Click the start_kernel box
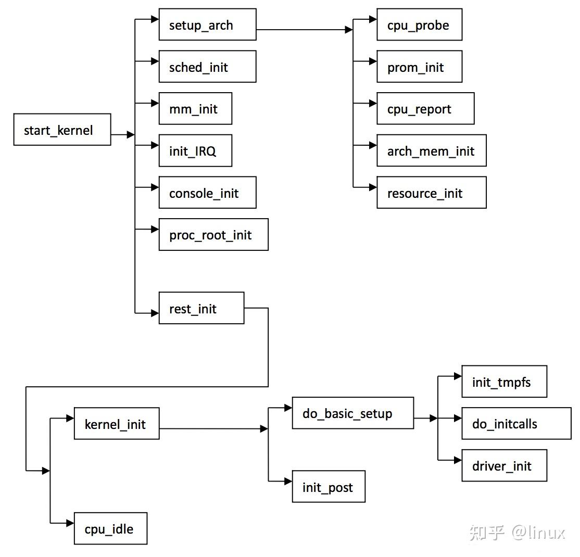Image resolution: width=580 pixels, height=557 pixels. (x=62, y=130)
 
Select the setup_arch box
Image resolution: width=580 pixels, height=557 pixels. (x=207, y=24)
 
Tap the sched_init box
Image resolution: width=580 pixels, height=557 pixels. (x=207, y=67)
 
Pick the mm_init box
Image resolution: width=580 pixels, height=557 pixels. (x=195, y=109)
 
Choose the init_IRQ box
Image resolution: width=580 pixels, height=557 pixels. (x=195, y=151)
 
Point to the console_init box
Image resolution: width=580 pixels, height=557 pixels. (x=207, y=193)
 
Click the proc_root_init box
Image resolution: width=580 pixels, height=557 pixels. (x=213, y=235)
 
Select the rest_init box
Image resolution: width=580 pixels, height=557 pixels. (x=201, y=308)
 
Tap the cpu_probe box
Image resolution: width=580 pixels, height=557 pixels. (x=419, y=24)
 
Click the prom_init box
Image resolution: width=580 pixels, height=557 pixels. (x=419, y=67)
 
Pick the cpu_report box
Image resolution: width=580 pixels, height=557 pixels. (x=425, y=109)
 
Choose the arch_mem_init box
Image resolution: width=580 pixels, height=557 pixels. (x=431, y=151)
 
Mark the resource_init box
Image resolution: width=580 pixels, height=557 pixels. (x=431, y=193)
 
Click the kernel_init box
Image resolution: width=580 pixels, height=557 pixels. (x=117, y=424)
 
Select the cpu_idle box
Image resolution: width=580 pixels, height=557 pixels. (x=110, y=529)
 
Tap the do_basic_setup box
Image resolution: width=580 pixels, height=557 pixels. (x=353, y=413)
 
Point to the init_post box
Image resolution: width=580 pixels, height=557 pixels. (x=329, y=487)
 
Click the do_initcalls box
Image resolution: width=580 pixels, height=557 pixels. (x=516, y=424)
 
